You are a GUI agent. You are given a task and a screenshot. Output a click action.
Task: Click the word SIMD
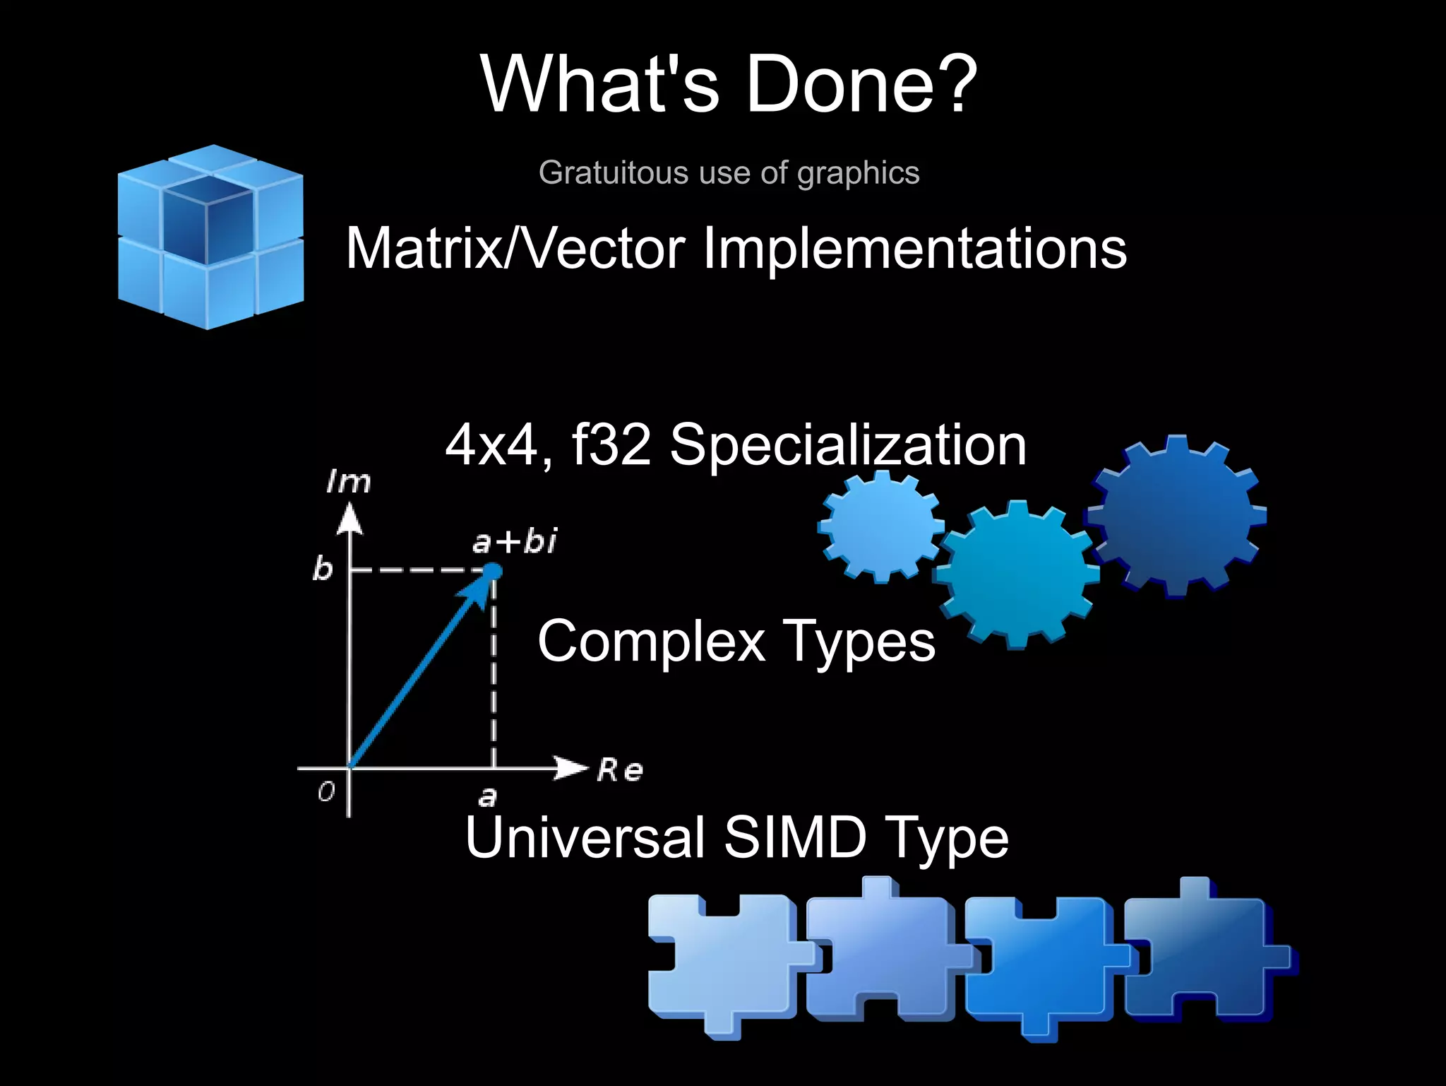pos(795,837)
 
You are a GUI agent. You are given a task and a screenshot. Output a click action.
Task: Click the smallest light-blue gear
pos(881,526)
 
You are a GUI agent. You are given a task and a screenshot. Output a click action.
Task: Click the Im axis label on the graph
pos(348,483)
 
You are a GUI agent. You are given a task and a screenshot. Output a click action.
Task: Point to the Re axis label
pos(620,770)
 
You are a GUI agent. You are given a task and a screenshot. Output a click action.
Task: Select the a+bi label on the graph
pos(514,542)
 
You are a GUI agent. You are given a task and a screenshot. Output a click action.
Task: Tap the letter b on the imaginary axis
pos(322,569)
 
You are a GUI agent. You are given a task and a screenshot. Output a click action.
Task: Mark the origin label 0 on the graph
pos(326,792)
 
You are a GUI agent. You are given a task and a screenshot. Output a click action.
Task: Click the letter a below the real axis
pos(487,797)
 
